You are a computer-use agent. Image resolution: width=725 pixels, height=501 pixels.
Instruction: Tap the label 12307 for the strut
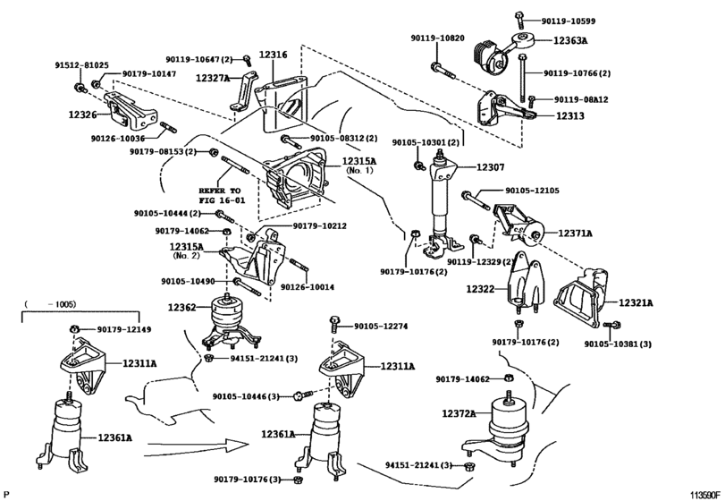(490, 166)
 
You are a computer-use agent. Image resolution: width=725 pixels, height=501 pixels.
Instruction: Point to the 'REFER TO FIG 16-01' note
(220, 196)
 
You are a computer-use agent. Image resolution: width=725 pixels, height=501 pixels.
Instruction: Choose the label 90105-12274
(380, 327)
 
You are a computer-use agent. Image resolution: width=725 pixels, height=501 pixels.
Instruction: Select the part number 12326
(83, 115)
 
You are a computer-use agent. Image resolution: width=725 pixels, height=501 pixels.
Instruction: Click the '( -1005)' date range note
(49, 306)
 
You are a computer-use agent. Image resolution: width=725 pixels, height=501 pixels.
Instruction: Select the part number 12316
(273, 55)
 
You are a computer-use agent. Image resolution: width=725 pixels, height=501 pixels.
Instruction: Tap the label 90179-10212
(319, 225)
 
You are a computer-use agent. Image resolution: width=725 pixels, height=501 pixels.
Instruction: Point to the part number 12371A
(576, 234)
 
